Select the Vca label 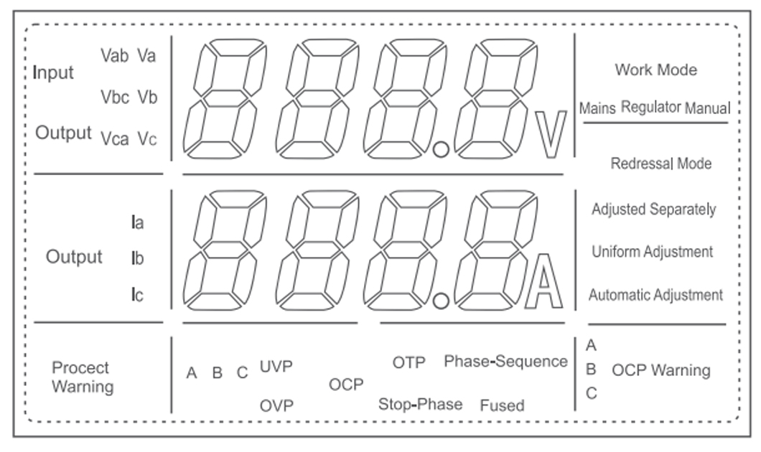[115, 138]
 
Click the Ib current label [137, 258]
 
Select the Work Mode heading [655, 70]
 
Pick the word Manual [707, 109]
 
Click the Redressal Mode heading [660, 164]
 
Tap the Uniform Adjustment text [652, 252]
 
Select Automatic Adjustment [655, 295]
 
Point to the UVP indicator [276, 367]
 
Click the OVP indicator [276, 405]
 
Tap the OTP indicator [408, 362]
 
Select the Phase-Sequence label [505, 362]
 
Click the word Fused [502, 405]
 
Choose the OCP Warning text [660, 370]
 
